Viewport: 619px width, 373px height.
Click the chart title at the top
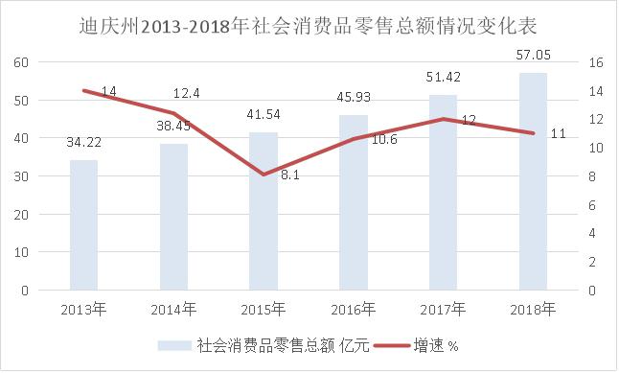coord(310,21)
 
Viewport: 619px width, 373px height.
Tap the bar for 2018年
coord(534,181)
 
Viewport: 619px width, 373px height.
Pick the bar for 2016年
coord(354,202)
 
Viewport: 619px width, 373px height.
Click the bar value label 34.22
coord(83,144)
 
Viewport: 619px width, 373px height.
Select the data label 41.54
coord(264,116)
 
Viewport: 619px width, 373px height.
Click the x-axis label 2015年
coord(264,309)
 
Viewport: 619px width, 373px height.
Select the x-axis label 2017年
coord(444,309)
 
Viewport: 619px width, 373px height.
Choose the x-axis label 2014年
coord(173,309)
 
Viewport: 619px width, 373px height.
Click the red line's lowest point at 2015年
coord(264,175)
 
